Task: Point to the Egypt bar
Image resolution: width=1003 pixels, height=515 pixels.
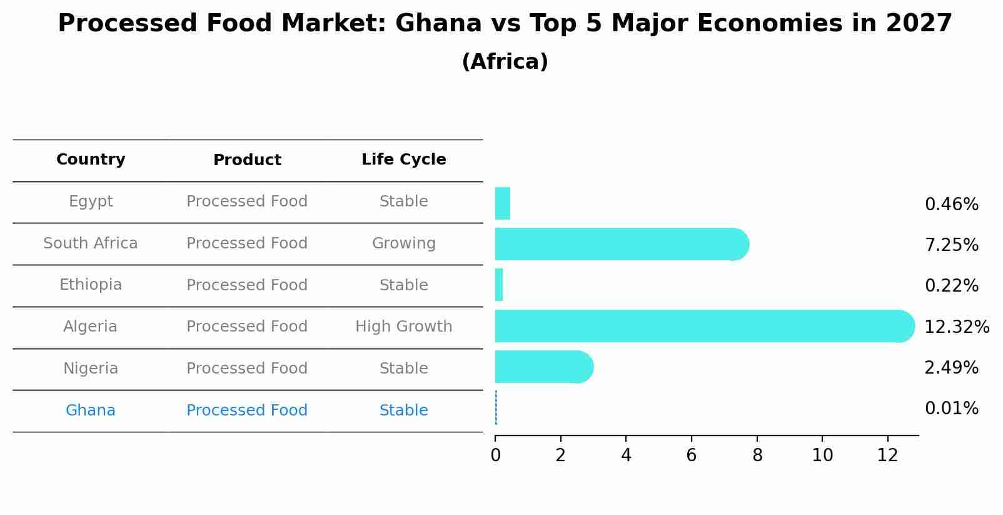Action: click(x=503, y=203)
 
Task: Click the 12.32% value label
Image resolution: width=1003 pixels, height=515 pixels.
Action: click(x=956, y=327)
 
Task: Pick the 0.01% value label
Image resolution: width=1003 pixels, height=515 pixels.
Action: click(x=951, y=409)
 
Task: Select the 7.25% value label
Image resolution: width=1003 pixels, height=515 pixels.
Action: click(x=951, y=245)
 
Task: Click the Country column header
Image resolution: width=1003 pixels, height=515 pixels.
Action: click(x=91, y=160)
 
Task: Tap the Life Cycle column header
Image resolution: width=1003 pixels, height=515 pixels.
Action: click(x=403, y=160)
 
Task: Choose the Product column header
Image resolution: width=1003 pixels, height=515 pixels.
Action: click(x=247, y=160)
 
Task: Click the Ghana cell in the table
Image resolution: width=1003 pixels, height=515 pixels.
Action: click(x=91, y=410)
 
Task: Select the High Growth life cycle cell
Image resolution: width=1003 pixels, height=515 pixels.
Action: click(x=403, y=327)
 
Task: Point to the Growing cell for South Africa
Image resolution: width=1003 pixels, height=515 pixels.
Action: click(x=403, y=243)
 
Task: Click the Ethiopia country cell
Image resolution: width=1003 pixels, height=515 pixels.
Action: click(x=91, y=285)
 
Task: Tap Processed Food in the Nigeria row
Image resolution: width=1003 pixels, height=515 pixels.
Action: click(x=247, y=369)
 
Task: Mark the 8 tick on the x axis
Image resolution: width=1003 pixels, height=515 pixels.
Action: click(x=757, y=455)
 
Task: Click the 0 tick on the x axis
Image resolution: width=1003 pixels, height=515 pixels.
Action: click(x=495, y=455)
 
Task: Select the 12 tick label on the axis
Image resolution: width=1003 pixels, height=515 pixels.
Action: click(x=887, y=455)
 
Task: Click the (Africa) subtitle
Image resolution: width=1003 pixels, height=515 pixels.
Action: click(x=505, y=62)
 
